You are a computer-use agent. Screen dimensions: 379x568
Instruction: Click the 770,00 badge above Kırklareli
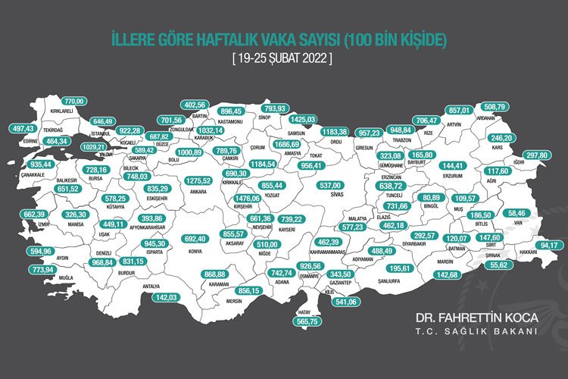73,101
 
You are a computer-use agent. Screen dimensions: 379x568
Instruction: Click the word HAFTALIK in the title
220,38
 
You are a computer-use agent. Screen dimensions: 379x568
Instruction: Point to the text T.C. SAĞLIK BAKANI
493,331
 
